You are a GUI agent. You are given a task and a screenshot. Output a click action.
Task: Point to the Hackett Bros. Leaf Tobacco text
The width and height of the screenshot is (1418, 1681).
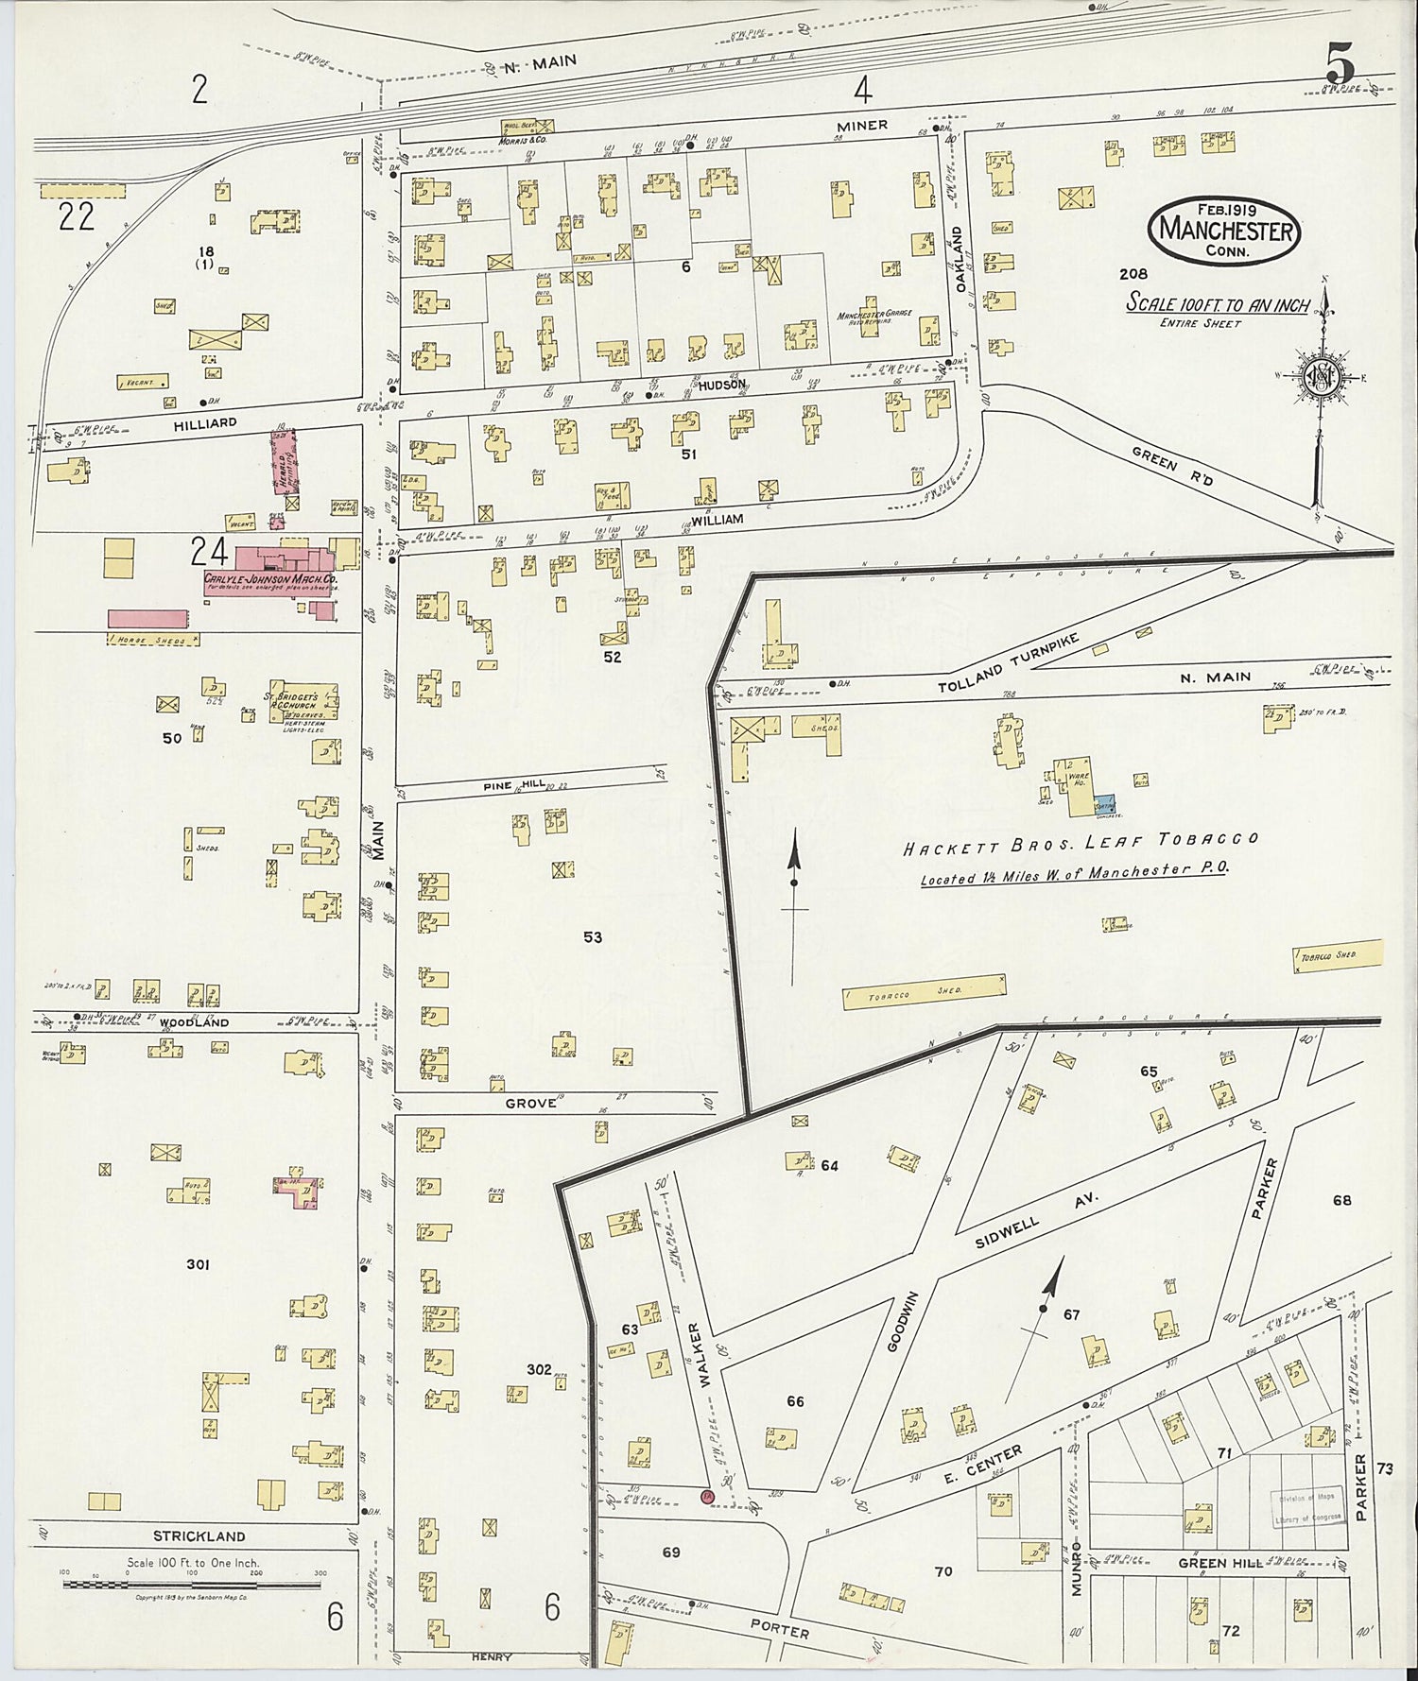pyautogui.click(x=1080, y=843)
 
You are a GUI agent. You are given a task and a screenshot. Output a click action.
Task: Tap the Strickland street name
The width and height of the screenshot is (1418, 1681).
pyautogui.click(x=200, y=1535)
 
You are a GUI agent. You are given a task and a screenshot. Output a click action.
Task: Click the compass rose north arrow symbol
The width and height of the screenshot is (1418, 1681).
pyautogui.click(x=1320, y=376)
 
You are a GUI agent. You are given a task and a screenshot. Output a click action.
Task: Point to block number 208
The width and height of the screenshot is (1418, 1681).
pyautogui.click(x=1133, y=274)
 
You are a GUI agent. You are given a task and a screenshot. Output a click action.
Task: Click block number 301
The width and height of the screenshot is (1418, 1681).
pyautogui.click(x=198, y=1264)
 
